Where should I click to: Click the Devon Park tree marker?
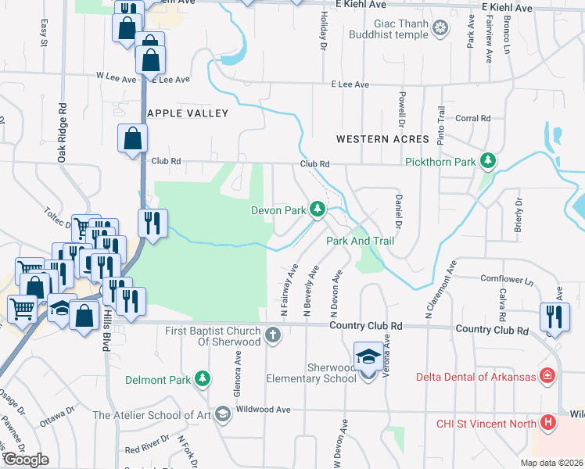pyautogui.click(x=318, y=209)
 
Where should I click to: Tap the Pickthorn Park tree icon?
pyautogui.click(x=489, y=161)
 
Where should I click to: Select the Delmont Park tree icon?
pyautogui.click(x=203, y=379)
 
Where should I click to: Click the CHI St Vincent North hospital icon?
pyautogui.click(x=548, y=424)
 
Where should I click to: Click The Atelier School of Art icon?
pyautogui.click(x=222, y=414)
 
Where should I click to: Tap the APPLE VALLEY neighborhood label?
pyautogui.click(x=188, y=113)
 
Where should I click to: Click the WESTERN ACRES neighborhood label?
pyautogui.click(x=382, y=139)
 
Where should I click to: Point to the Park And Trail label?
pyautogui.click(x=360, y=241)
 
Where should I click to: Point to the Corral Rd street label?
pyautogui.click(x=472, y=119)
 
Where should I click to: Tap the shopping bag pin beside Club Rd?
pyautogui.click(x=133, y=138)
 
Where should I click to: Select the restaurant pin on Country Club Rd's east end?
pyautogui.click(x=553, y=318)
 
